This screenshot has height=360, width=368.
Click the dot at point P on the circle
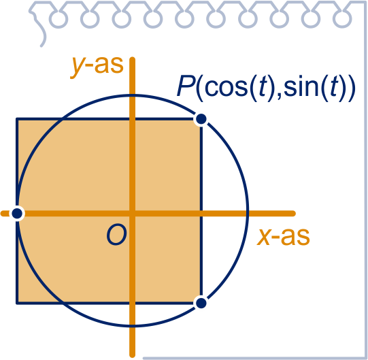point(201,119)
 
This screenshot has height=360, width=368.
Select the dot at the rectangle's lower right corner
point(201,303)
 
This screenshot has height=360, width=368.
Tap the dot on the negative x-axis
point(17,214)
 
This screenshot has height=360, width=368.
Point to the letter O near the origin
point(116,235)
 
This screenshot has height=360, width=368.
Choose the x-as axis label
point(283,237)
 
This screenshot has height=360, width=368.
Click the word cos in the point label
point(227,87)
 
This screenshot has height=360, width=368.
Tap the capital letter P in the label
point(186,86)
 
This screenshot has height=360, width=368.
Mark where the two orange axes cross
point(133,214)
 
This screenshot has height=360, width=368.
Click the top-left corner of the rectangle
point(17,119)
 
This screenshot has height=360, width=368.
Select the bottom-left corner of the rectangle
point(17,303)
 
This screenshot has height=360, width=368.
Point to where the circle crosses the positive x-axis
point(248,214)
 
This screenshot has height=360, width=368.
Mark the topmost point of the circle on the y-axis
point(133,95)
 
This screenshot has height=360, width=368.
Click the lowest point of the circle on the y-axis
point(133,325)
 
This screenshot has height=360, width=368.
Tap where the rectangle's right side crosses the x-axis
point(201,214)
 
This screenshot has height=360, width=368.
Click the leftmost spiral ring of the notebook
point(58,19)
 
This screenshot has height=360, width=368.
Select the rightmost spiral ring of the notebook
point(342,19)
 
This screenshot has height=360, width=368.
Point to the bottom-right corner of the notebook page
point(366,358)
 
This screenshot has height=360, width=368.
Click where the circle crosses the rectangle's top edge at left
point(61,119)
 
